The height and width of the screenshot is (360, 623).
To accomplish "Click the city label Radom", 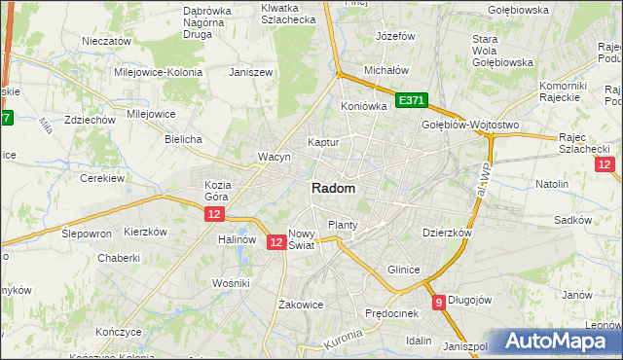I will tap(333, 189).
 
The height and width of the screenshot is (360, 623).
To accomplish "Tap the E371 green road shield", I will tap(412, 100).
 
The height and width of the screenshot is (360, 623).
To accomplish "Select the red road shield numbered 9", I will tap(439, 302).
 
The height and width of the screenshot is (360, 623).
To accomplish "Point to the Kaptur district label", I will tap(323, 142).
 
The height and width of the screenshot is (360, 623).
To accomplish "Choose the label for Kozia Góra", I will tap(217, 190).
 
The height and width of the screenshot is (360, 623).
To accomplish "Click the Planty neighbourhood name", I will tap(343, 225).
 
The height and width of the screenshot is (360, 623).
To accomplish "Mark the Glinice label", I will tap(403, 270).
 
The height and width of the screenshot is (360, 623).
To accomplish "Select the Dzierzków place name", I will tap(447, 234).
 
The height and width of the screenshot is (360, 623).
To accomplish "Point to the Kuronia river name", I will tap(342, 341).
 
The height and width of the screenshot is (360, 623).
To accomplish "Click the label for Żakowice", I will tap(300, 304).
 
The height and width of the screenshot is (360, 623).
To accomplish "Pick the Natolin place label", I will tap(552, 183).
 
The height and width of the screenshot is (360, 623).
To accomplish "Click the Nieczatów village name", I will tap(107, 42).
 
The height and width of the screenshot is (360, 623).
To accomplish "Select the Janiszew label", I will tap(248, 72).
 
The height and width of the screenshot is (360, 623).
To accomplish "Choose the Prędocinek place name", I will tap(391, 313).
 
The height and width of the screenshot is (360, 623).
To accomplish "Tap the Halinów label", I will tap(237, 239).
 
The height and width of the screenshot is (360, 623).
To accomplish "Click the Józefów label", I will tap(395, 36).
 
